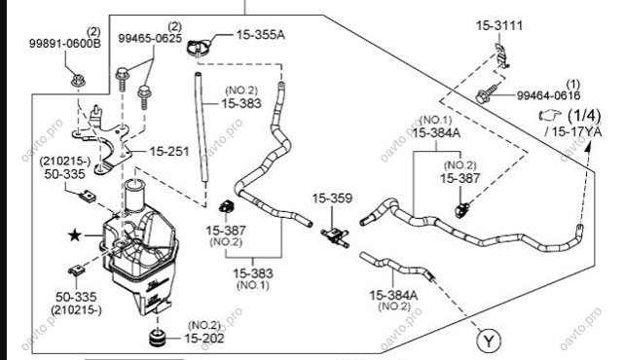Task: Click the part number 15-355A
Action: pos(261,35)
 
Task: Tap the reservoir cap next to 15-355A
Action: pos(199,48)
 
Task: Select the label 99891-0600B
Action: pos(65,43)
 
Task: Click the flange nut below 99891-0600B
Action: pos(78,80)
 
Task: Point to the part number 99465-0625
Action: pos(150,39)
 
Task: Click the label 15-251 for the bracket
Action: pos(169,151)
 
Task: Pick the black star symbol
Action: pos(75,235)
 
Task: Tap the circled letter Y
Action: pos(489,341)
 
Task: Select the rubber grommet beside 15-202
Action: pos(158,337)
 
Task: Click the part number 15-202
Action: pos(204,339)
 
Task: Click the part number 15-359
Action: pos(332,198)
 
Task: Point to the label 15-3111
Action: pos(499,26)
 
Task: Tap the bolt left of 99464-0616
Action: pos(488,93)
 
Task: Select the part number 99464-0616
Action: pos(548,95)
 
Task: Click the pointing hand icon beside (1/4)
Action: pos(550,115)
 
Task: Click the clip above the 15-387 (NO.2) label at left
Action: pos(227,206)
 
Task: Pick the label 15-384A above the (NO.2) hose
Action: pos(393,296)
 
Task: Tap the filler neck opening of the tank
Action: pos(134,184)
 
